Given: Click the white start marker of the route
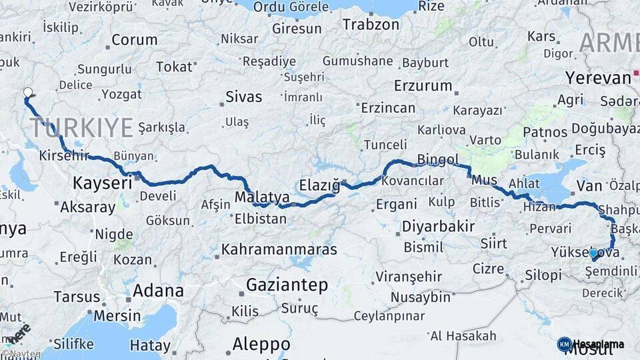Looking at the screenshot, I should pos(27,93).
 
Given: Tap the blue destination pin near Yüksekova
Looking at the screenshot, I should pos(593,254).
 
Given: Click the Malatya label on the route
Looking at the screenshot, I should pos(262,197).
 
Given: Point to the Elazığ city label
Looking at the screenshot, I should pos(320,185).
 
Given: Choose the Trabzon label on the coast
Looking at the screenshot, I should pos(371,25).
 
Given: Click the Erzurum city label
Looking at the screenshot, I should pos(423,85).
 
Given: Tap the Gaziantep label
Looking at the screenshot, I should pos(287,285).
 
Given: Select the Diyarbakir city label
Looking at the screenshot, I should pos(438,226).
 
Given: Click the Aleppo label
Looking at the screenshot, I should pos(261,344).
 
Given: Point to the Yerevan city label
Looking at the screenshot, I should pos(598,77).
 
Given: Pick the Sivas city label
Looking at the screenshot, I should pos(244,97).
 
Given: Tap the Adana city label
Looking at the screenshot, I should pos(158,291).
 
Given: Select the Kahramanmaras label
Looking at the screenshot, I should pos(279,249).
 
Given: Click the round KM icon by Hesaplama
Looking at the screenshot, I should pos(564,345).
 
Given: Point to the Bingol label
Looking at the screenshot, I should pos(438,159).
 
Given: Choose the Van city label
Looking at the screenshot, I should pos(589,185).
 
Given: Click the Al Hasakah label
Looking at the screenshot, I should pos(463,335).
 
